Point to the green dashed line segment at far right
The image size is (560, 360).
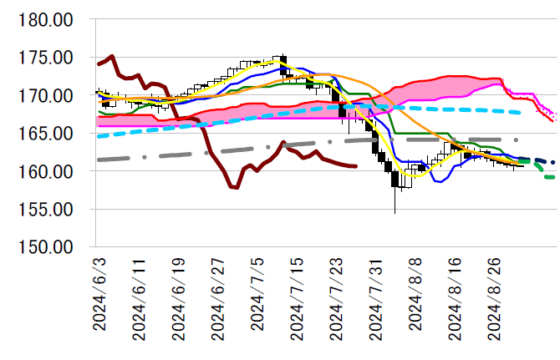coord(547,175)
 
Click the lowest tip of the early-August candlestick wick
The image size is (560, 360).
coord(395,213)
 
